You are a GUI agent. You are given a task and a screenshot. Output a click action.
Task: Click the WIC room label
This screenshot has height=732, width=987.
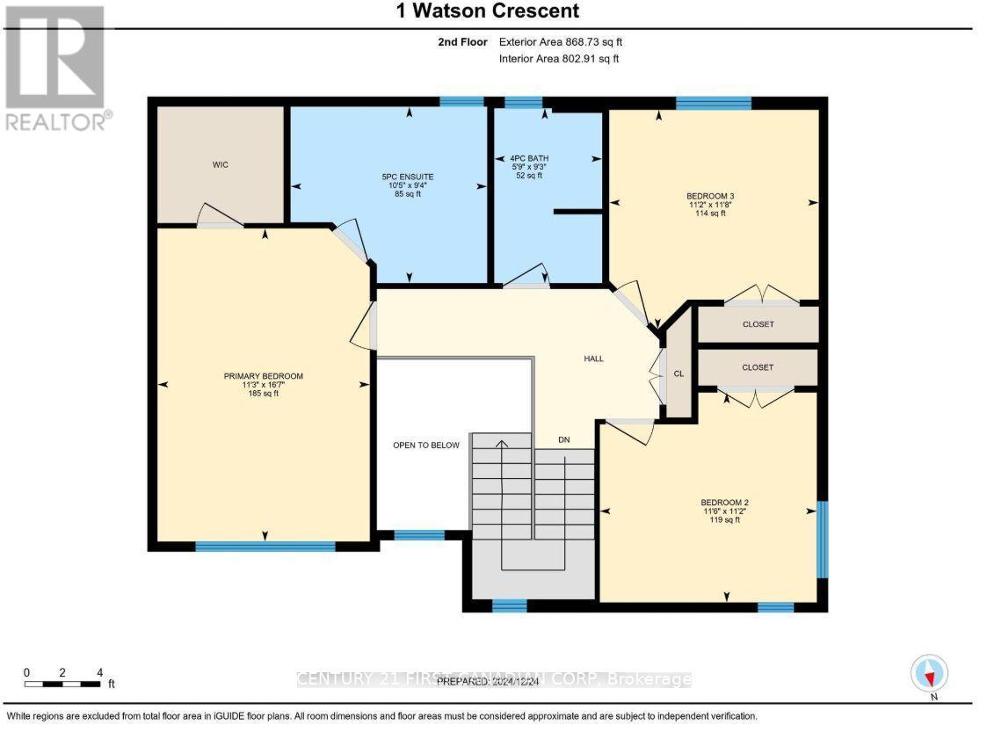coord(220,165)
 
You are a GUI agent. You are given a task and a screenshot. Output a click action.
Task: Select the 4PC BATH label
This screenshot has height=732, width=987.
coord(529,158)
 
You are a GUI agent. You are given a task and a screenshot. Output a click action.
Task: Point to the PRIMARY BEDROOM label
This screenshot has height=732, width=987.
coord(263,376)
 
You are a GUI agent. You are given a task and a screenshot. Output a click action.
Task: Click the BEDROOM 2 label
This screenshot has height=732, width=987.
coord(725,503)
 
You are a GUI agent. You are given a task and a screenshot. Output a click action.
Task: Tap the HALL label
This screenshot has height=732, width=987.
coord(594,359)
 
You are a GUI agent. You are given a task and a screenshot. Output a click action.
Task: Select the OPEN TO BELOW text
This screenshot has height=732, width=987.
coord(426,446)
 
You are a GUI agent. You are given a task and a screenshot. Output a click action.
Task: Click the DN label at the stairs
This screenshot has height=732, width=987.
coord(564,439)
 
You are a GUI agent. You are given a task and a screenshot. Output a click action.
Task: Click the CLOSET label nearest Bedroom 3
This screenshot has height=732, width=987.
coord(758,324)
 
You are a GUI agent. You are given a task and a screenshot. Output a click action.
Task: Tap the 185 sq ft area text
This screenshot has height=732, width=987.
coord(263,394)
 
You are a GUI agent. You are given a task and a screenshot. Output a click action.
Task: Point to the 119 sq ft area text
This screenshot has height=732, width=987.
coord(725,520)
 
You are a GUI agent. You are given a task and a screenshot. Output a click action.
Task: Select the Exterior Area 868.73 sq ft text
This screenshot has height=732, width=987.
coord(561,41)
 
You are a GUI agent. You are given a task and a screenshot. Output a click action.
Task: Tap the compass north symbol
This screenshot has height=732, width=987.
coord(929,673)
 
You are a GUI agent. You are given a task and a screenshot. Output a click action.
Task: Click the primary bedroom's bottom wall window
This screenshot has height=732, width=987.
coord(265,547)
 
